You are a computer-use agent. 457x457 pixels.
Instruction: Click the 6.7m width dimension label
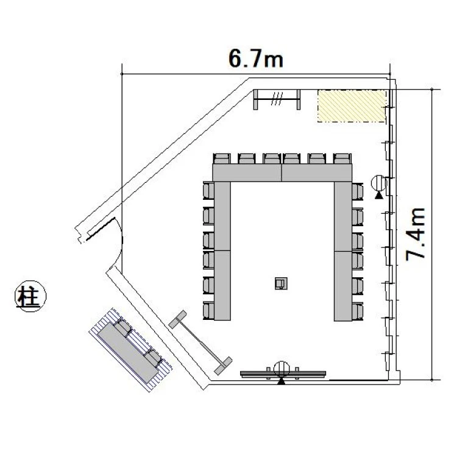[x=255, y=59]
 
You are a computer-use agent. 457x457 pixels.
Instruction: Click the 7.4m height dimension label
[x=416, y=233]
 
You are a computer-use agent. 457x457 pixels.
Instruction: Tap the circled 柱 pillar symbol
[x=30, y=296]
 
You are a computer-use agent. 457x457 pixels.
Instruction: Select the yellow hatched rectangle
[x=352, y=106]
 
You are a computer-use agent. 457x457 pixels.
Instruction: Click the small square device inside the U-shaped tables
[x=281, y=283]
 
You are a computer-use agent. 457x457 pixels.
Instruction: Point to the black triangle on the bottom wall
[x=282, y=381]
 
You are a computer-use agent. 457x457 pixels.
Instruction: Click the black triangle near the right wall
[x=379, y=195]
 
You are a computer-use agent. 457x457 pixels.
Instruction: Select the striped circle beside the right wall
[x=379, y=183]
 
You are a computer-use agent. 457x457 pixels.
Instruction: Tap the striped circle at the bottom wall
[x=282, y=369]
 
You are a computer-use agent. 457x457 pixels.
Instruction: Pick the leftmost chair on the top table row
[x=222, y=159]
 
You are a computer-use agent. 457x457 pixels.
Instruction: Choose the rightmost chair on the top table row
[x=342, y=159]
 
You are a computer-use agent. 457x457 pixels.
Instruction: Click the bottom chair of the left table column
[x=208, y=311]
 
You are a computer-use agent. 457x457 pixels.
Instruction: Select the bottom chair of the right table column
[x=357, y=311]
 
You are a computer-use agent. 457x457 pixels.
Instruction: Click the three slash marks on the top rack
[x=277, y=99]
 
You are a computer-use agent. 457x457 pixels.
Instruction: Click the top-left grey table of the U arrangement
[x=247, y=172]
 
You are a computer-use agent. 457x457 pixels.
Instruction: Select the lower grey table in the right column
[x=343, y=286]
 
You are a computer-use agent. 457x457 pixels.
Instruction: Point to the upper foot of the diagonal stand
[x=177, y=319]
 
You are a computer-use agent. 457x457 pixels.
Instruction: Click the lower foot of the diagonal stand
[x=223, y=366]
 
